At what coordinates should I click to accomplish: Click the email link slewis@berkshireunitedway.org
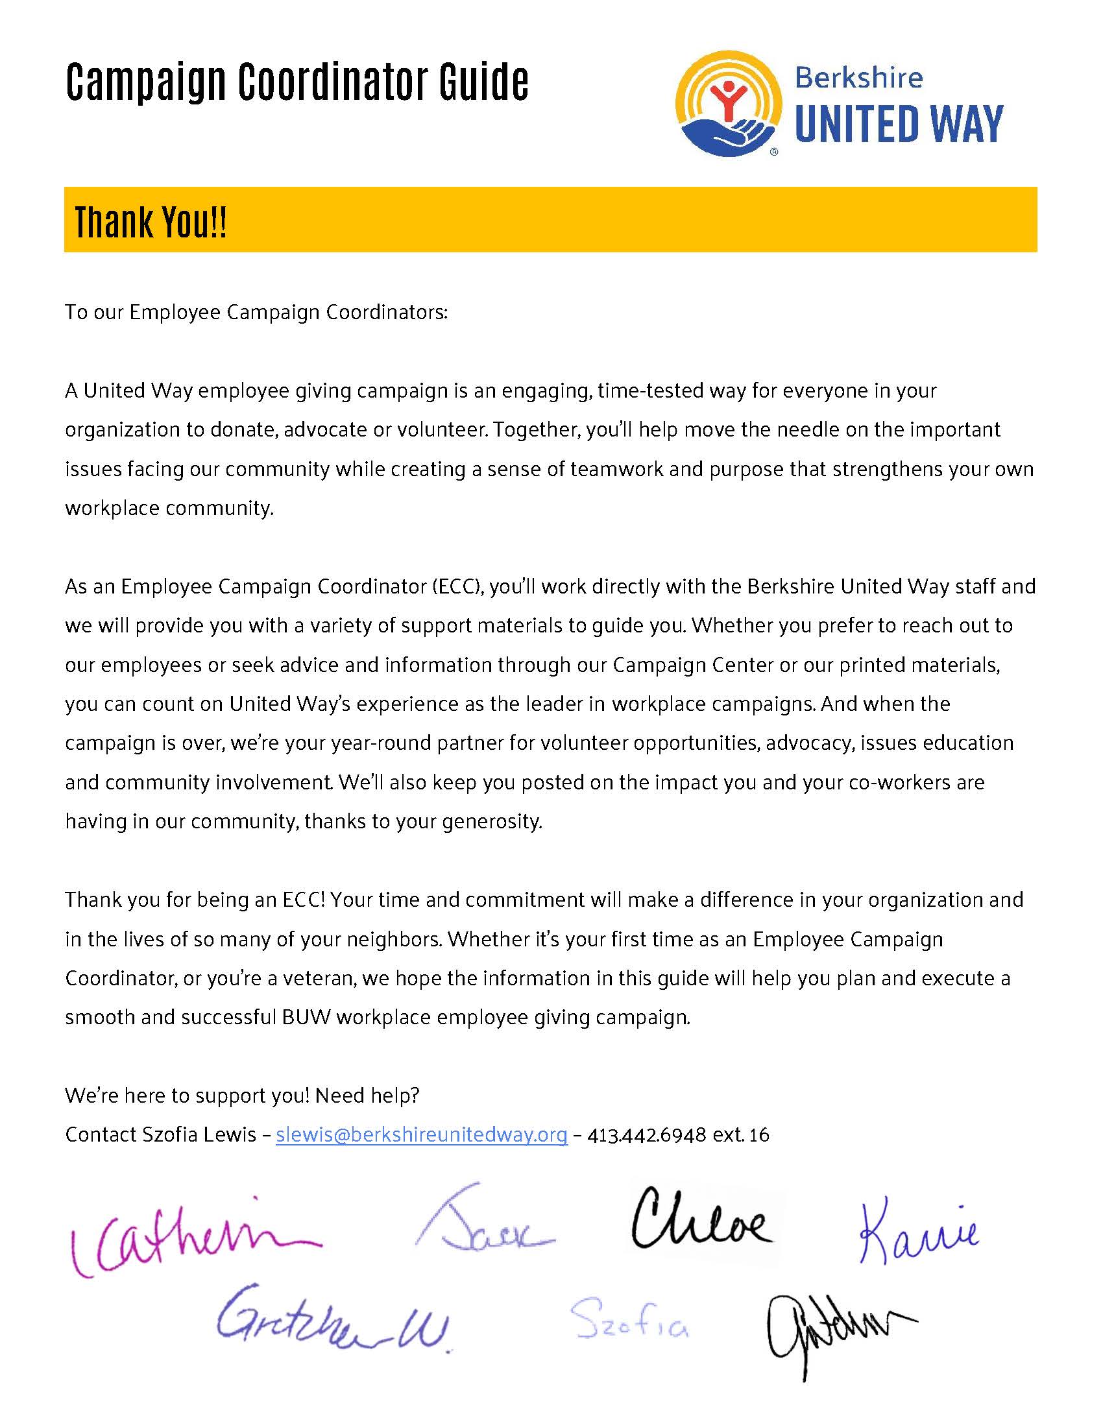coord(422,1135)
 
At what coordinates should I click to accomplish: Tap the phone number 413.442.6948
coord(646,1135)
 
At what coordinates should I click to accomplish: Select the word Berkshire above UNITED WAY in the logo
coord(858,78)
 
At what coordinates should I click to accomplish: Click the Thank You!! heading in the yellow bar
coord(151,221)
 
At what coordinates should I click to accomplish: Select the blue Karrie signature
coord(918,1231)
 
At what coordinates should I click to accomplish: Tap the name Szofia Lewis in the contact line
coord(198,1135)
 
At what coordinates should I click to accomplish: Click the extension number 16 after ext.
coord(759,1135)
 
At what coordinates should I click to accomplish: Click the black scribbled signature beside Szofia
coord(836,1330)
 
